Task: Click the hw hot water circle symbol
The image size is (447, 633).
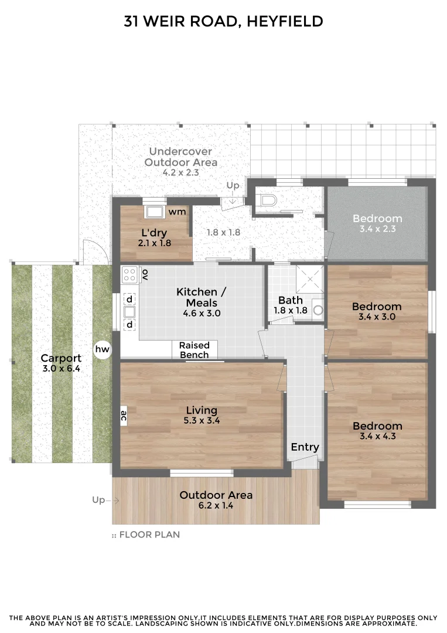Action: (102, 350)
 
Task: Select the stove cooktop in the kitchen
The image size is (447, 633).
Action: (129, 274)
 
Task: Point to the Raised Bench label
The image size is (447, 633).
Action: (194, 350)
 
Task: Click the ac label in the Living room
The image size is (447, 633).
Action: (124, 416)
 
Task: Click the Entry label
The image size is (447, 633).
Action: (305, 447)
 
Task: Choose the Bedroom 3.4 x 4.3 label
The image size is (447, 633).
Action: (377, 430)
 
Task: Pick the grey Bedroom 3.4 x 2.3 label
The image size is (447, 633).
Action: (377, 223)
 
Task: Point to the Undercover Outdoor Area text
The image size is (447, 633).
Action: (180, 157)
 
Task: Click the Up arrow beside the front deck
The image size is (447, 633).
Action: (106, 501)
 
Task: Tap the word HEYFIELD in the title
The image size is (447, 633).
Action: (285, 22)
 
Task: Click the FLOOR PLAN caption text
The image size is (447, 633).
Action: (149, 535)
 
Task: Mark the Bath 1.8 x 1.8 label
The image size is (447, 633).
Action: (291, 305)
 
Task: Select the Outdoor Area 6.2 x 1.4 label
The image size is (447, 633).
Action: (216, 499)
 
